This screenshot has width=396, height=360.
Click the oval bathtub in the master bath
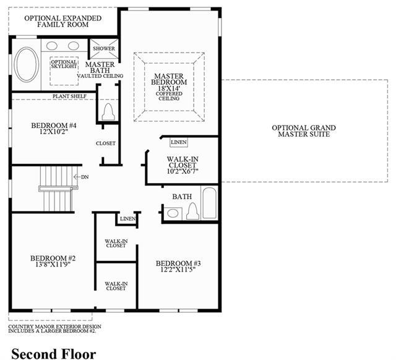[26, 64]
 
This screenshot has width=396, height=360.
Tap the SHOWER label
[104, 48]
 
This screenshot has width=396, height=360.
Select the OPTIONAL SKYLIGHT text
[64, 64]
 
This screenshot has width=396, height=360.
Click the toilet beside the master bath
[108, 112]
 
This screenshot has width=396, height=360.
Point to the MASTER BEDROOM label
[169, 79]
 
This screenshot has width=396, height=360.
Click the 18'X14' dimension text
[169, 88]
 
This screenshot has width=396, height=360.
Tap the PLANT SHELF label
[69, 96]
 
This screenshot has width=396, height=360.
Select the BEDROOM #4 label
[54, 125]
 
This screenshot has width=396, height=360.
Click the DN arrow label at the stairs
[81, 177]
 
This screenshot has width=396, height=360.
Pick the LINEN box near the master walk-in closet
[179, 142]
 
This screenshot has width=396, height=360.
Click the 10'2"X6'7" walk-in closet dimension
[183, 171]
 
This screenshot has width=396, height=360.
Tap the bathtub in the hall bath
[210, 203]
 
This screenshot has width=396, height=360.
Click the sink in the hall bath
[173, 213]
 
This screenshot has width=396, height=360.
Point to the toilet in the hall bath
[192, 211]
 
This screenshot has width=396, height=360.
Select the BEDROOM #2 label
[53, 258]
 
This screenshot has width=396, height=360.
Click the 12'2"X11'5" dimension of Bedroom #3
[178, 269]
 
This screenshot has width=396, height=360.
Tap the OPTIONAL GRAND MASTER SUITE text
[304, 131]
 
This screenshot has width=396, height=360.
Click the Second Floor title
[54, 353]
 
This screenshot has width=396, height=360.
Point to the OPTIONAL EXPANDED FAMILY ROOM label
[63, 21]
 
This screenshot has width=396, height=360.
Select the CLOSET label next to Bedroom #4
[106, 143]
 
